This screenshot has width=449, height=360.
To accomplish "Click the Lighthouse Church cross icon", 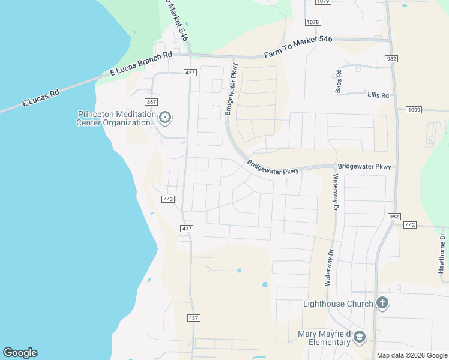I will [x=382, y=303].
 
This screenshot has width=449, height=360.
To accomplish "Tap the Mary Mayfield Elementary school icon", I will [x=359, y=337].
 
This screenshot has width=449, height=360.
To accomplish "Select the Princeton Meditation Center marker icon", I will [x=166, y=118].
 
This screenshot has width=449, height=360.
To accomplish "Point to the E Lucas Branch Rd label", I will [x=141, y=63].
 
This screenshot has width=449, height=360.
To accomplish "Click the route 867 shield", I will [x=151, y=103].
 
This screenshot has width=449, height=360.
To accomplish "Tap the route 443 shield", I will [x=168, y=199].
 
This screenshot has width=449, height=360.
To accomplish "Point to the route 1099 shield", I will [x=414, y=110].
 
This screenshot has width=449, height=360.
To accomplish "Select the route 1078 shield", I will [x=312, y=22].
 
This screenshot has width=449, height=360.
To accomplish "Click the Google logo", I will [x=20, y=353].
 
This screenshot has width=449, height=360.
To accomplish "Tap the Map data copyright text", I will [x=412, y=355].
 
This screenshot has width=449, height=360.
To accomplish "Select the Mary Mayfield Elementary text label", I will [x=324, y=338].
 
